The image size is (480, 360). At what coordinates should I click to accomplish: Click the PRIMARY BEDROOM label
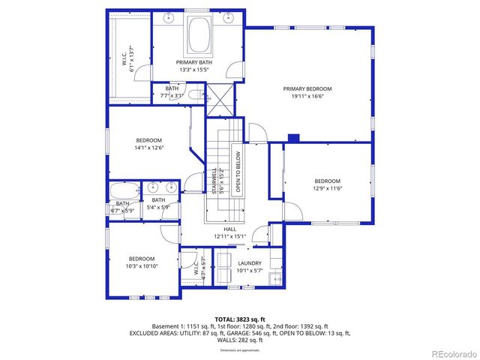tap(307, 88)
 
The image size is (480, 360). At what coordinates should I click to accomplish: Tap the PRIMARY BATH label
tap(194, 62)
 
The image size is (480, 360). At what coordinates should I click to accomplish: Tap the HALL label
tap(229, 229)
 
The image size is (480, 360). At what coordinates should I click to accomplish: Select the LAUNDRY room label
tap(250, 263)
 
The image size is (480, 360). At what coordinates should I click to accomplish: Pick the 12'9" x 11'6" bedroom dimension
tap(327, 188)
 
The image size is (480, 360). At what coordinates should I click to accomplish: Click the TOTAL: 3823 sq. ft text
tap(240, 319)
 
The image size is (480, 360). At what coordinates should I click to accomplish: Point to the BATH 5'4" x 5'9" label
tap(158, 203)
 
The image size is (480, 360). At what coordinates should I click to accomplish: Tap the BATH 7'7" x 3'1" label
tap(172, 92)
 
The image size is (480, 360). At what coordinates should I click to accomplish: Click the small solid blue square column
tap(294, 137)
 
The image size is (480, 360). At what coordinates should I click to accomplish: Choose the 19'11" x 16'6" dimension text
tap(307, 96)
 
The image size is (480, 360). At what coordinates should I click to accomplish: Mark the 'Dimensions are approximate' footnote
tap(240, 350)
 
